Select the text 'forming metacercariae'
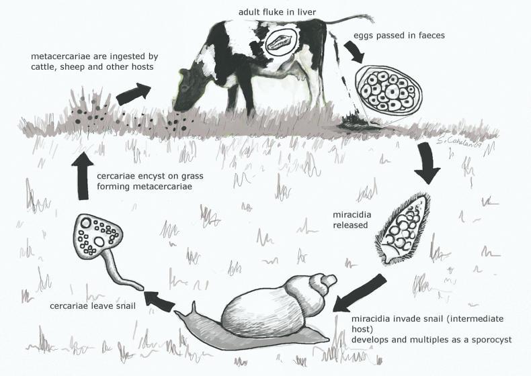click(x=149, y=189)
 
